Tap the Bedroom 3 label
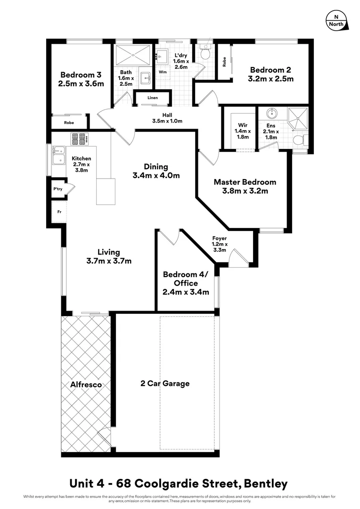point(81,75)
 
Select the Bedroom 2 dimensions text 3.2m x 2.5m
point(270,79)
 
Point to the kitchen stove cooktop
point(78,139)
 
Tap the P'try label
point(58,189)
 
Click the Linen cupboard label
point(152,98)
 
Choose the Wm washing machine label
point(162,72)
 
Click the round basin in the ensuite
point(271,114)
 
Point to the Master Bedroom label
point(245,182)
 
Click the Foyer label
point(220,238)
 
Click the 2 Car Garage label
point(165,383)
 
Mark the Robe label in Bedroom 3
point(69,123)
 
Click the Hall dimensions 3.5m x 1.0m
point(167,121)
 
